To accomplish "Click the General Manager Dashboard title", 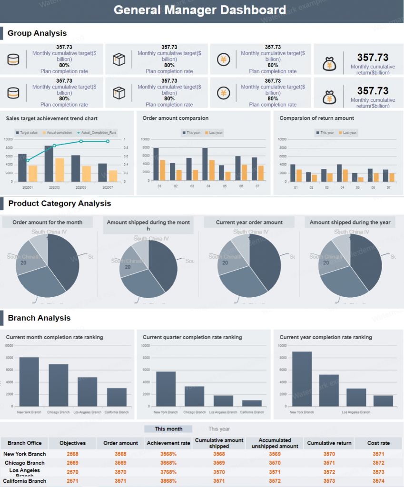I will (x=200, y=10).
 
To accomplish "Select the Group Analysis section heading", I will (x=37, y=33).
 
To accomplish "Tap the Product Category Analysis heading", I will (x=59, y=204).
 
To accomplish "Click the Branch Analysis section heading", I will (x=39, y=318).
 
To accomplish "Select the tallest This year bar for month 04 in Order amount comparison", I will (x=205, y=164).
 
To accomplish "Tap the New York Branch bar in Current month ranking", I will (x=29, y=382).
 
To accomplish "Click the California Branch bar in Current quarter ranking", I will (x=252, y=403).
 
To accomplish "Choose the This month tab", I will (x=168, y=429).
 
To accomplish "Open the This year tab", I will (x=219, y=429).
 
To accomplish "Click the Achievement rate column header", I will (x=168, y=443).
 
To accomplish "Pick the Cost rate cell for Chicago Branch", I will (x=378, y=463).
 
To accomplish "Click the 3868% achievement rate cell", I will (x=168, y=481).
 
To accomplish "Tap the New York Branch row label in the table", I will (x=24, y=454).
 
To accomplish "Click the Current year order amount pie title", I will (x=249, y=223).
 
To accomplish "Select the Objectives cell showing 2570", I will (x=72, y=472).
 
